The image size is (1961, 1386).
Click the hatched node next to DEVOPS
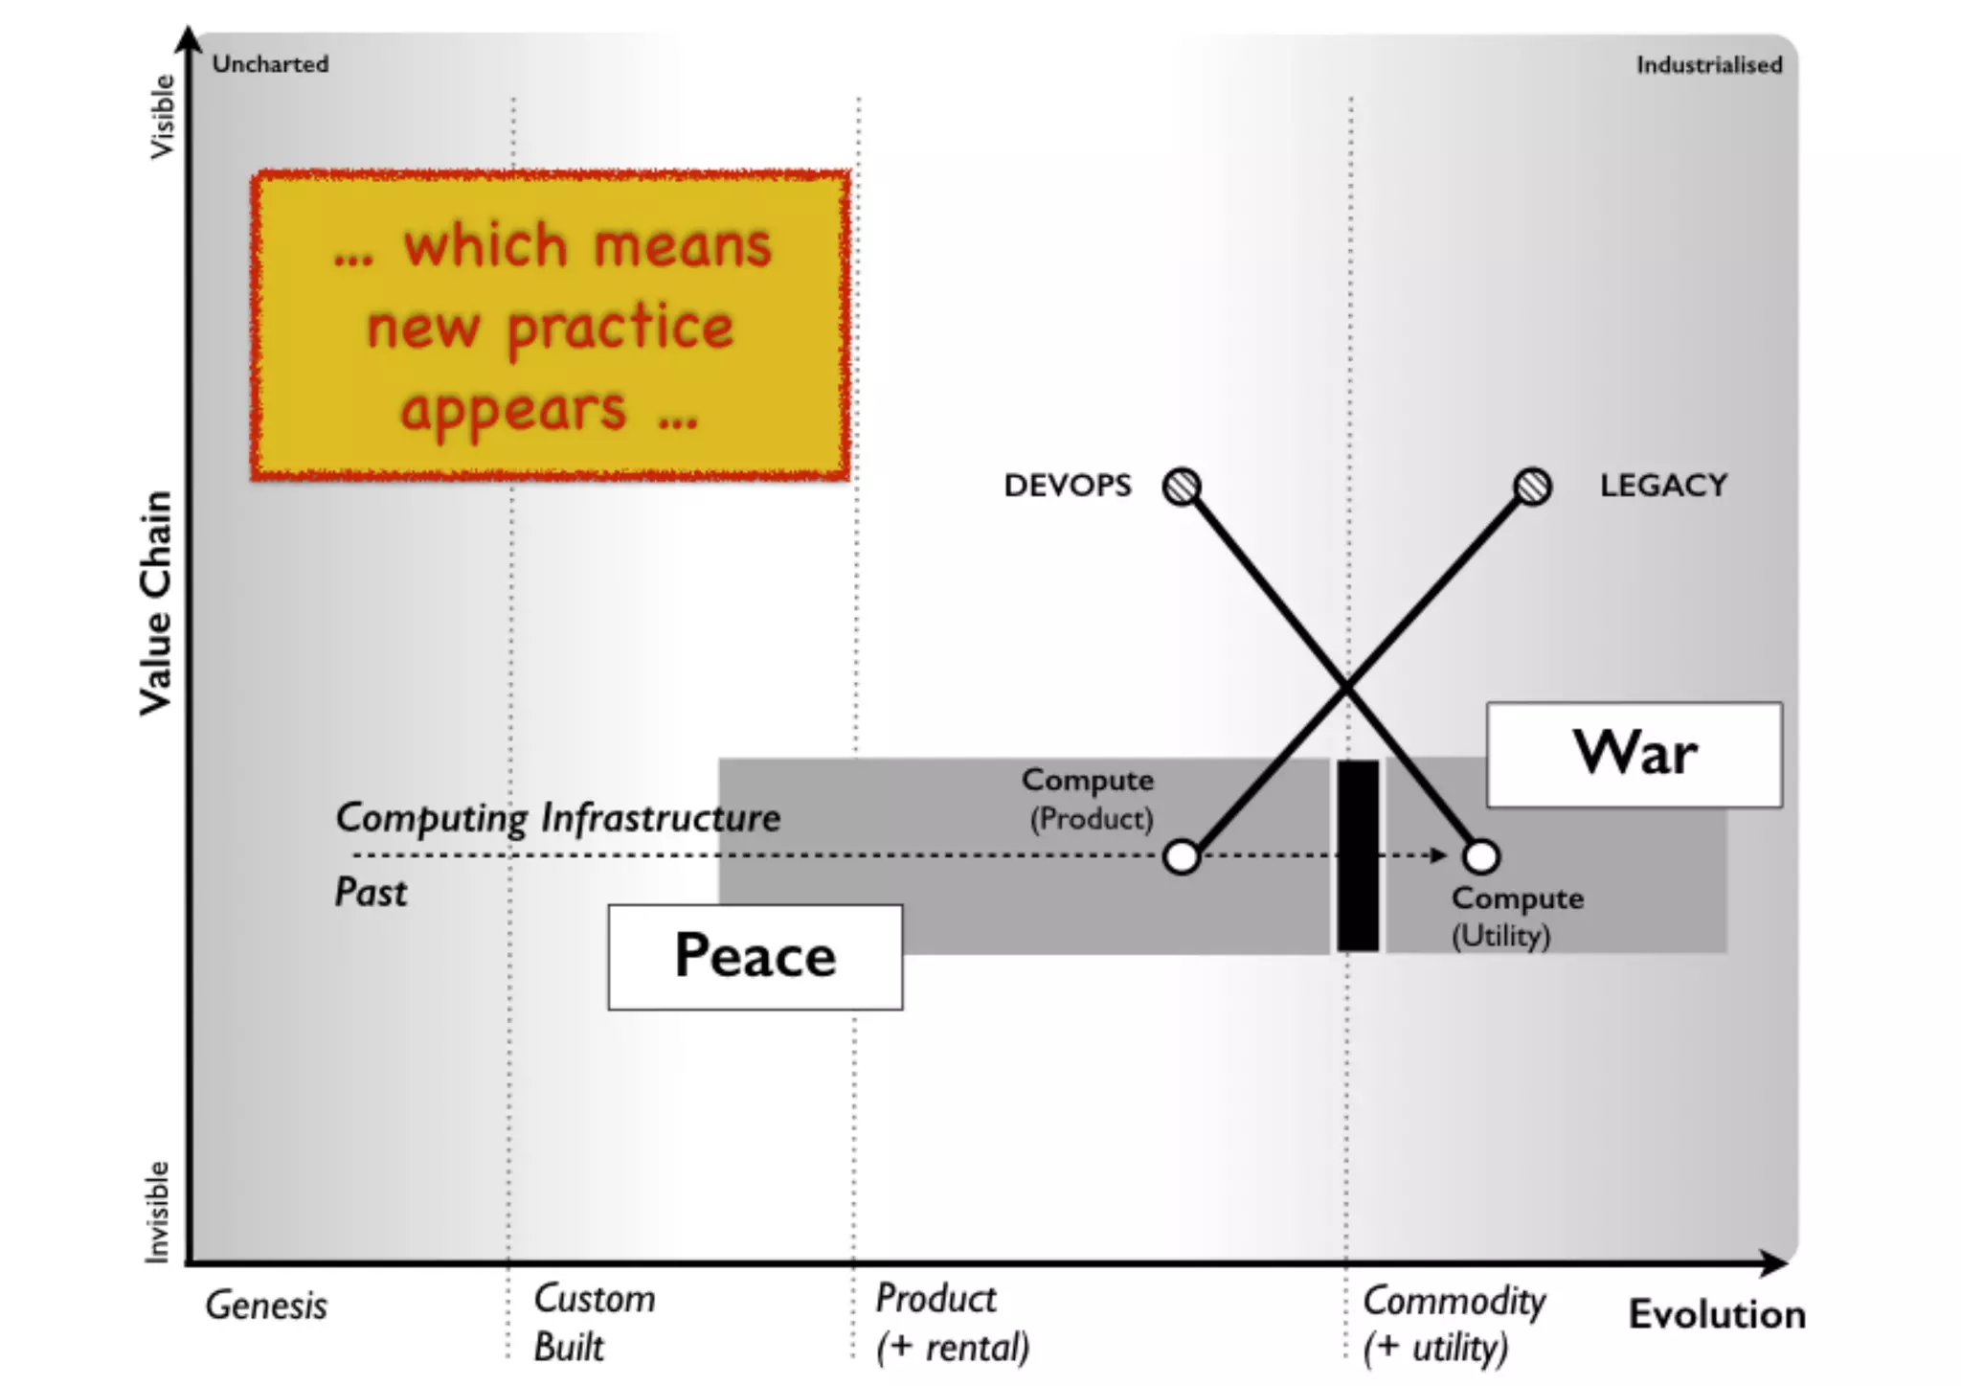coord(1182,487)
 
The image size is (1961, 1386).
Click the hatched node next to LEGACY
coord(1532,487)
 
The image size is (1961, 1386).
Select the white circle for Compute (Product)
coord(1182,856)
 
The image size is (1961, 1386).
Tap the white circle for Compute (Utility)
coord(1480,856)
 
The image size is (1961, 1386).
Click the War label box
coord(1634,755)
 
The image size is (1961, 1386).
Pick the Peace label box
coord(755,957)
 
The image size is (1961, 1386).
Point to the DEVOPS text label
coord(1067,486)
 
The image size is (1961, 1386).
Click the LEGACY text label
coord(1663,486)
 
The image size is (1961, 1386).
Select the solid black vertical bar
coord(1357,855)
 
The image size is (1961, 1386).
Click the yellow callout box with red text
coord(551,326)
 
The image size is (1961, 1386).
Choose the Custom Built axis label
coord(594,1323)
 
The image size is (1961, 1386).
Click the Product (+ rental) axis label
coord(952,1323)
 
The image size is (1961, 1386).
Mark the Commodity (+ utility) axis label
coord(1454,1324)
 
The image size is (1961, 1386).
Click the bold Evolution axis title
coord(1717,1314)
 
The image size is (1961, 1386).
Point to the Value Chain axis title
coord(156,603)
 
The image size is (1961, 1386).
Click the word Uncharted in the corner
coord(270,64)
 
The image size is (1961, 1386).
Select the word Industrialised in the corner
coord(1708,65)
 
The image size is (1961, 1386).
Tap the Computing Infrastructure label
coord(557,818)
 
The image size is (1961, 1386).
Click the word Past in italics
coord(371,893)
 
